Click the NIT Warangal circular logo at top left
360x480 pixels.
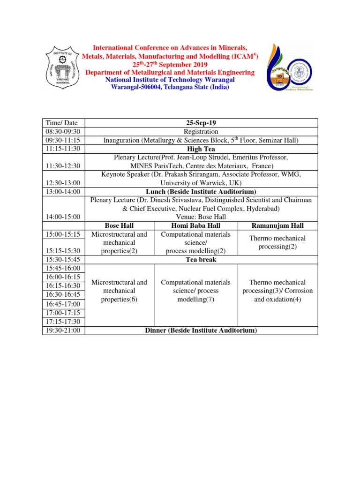click(x=64, y=67)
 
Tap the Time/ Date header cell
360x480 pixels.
click(x=57, y=123)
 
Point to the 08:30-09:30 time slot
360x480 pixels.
click(x=62, y=132)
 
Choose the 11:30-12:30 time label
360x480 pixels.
click(x=62, y=166)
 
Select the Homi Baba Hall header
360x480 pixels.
click(x=196, y=225)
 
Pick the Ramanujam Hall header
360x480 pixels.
click(x=277, y=225)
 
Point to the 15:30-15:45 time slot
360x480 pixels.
click(x=62, y=260)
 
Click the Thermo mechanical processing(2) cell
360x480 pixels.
click(x=277, y=242)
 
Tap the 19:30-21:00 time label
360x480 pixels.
click(x=62, y=330)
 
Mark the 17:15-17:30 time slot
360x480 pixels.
click(x=62, y=322)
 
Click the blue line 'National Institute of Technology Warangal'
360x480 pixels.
click(x=170, y=80)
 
